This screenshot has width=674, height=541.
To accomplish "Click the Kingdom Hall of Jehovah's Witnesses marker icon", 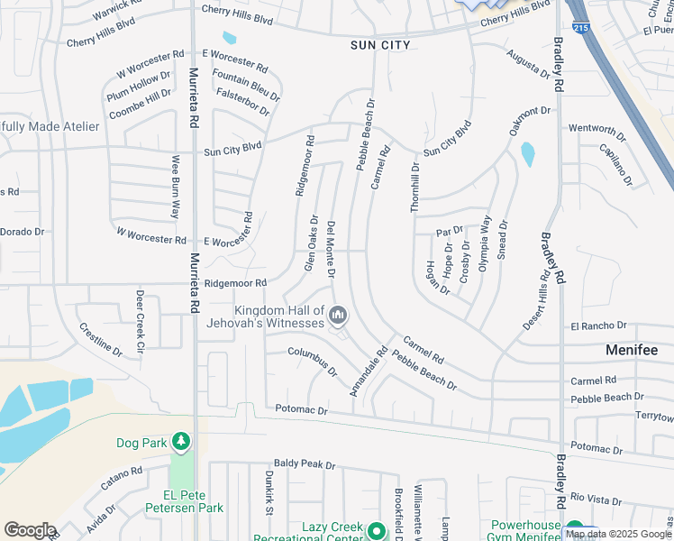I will pos(338,315).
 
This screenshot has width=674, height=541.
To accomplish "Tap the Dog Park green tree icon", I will pos(182,441).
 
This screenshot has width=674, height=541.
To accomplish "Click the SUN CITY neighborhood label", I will pos(380,45).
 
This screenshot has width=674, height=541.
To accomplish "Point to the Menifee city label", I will pos(631,349).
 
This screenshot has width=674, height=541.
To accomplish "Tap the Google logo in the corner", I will pos(30,530).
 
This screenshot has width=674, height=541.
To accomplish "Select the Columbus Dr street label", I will pos(313,361).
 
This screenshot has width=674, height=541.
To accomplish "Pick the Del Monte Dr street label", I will pos(332,249).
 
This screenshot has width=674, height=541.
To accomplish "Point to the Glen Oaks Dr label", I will pos(310,243).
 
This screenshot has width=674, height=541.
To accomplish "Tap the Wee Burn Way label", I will pos(175,188).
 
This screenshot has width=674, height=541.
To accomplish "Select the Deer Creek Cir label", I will pos(140,320).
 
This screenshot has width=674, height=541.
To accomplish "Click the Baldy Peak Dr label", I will pos(305,465).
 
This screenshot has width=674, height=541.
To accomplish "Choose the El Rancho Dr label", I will pos(598,326).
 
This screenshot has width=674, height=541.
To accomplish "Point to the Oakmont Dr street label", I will pos(529,121).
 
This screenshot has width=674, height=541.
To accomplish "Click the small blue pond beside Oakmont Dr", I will pos(527,155).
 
